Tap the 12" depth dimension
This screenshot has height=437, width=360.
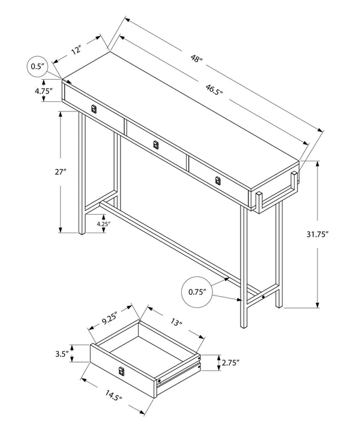click(x=76, y=51)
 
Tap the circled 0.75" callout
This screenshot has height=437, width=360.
click(x=197, y=292)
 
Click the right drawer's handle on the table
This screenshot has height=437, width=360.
click(x=218, y=180)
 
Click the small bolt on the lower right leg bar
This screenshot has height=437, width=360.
click(x=263, y=297)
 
